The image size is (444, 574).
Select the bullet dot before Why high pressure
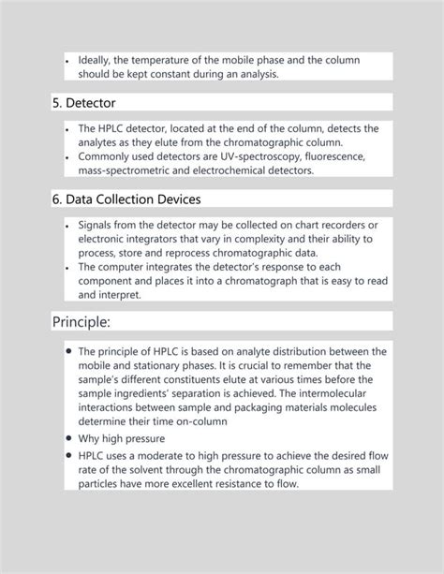click(x=69, y=437)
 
